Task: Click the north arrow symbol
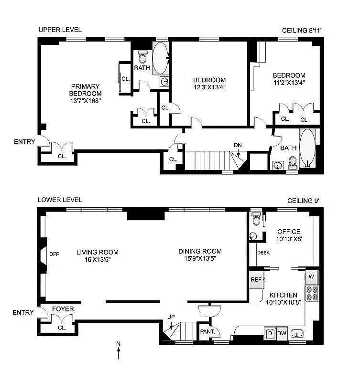coord(118,352)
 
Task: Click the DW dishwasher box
coord(282,333)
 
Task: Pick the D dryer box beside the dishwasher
coord(269,333)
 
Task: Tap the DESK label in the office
coord(263,253)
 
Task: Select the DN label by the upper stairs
coord(238,145)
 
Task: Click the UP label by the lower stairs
coord(171,316)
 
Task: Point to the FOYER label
coord(63,309)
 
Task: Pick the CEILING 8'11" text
coord(302,30)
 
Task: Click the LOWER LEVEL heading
coord(60,200)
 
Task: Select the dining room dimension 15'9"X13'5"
coord(200,259)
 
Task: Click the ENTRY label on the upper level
coord(24,141)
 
